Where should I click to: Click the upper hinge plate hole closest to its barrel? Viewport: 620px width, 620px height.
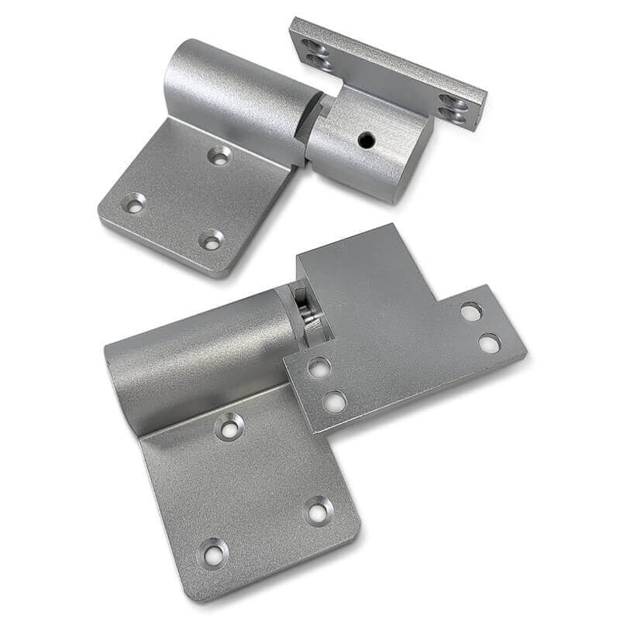220,155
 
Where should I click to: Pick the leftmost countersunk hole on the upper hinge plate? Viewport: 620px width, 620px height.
135,204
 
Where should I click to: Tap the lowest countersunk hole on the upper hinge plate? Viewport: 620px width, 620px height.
211,240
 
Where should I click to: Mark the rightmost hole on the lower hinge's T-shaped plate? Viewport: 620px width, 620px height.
489,343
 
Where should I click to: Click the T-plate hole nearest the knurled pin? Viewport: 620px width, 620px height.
319,367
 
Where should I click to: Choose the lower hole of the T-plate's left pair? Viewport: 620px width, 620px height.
334,401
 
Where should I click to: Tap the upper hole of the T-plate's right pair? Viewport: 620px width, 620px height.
470,311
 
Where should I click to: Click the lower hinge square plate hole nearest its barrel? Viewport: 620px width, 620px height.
230,426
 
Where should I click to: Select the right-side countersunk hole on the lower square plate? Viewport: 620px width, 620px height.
319,511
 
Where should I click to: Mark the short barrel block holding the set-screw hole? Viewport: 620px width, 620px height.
368,151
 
